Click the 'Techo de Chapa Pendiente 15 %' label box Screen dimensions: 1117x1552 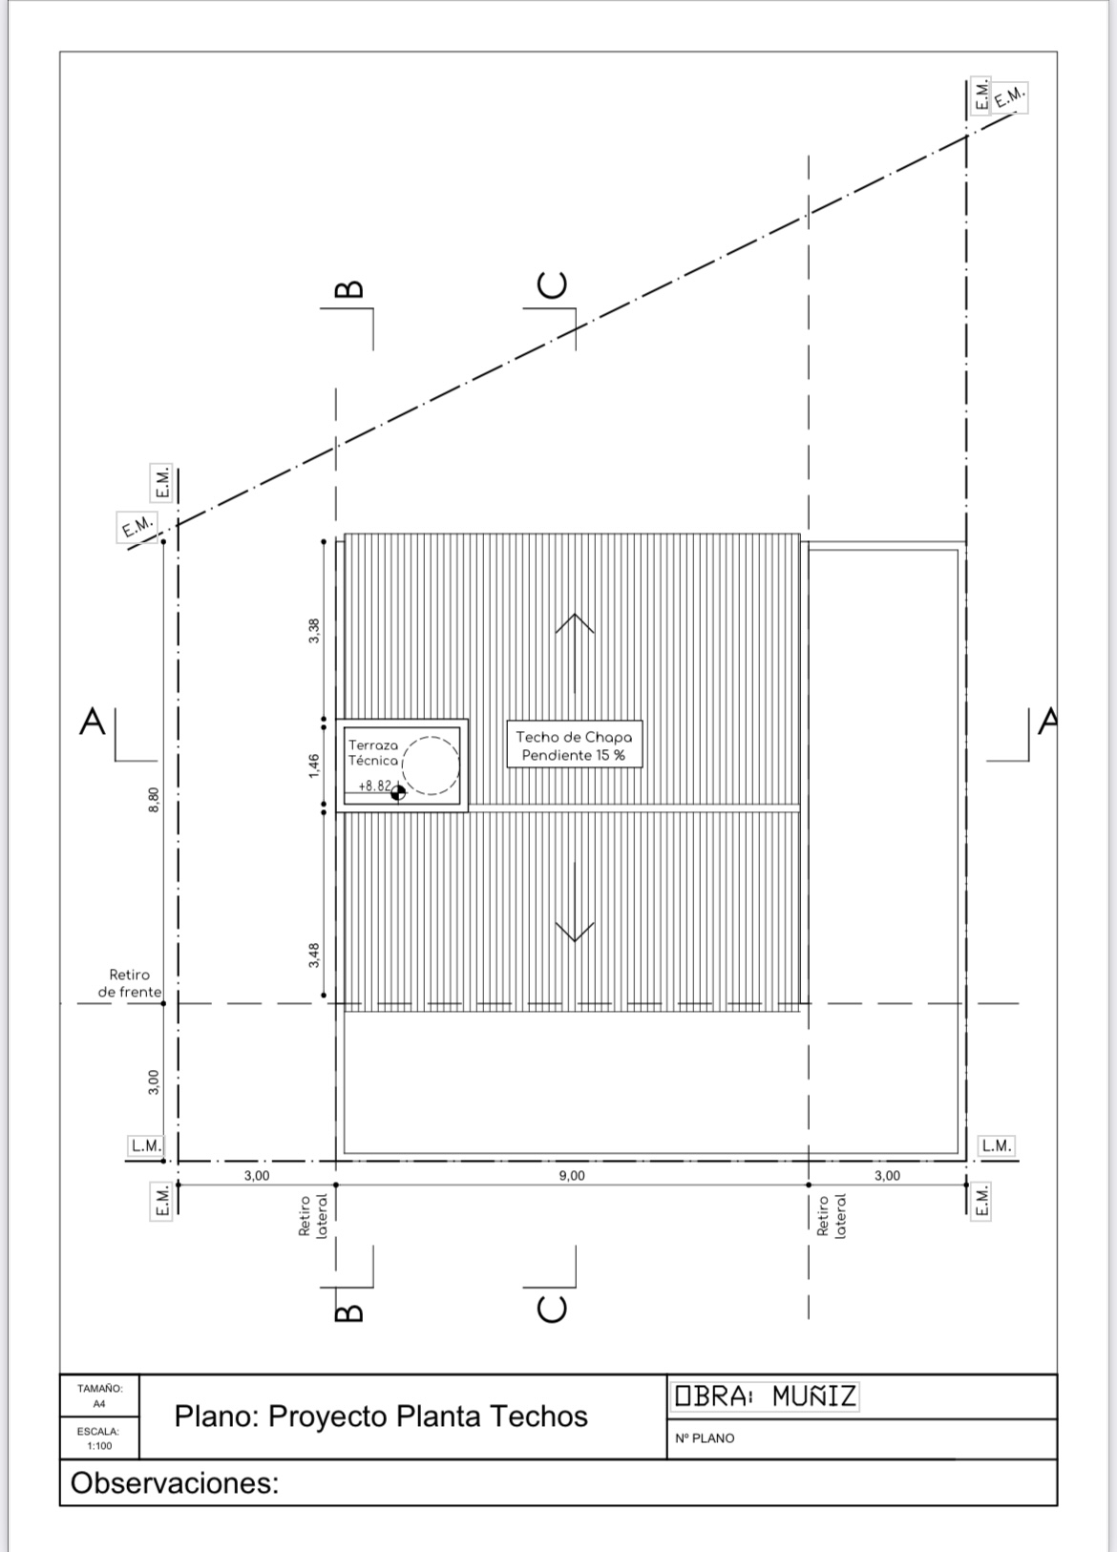click(x=575, y=745)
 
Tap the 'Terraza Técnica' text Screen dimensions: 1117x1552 click(x=373, y=752)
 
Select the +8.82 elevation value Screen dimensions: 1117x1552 click(x=375, y=786)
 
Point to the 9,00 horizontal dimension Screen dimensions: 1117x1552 click(x=572, y=1176)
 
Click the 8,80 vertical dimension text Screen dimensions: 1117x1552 click(x=154, y=800)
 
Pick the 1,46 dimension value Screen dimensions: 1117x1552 click(x=314, y=766)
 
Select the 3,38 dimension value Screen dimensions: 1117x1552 click(x=314, y=631)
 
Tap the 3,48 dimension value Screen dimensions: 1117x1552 click(x=314, y=955)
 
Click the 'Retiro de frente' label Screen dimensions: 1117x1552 click(x=130, y=983)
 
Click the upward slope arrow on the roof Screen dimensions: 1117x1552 click(x=575, y=654)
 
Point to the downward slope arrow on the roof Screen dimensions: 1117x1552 click(x=575, y=902)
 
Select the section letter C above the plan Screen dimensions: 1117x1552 click(x=553, y=285)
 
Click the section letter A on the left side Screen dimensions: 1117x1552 click(x=93, y=722)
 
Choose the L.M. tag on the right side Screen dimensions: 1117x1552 click(x=997, y=1145)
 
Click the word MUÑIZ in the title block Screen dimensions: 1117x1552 click(x=814, y=1396)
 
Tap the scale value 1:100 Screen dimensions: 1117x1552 click(x=99, y=1446)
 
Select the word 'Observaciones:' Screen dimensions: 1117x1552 click(x=175, y=1483)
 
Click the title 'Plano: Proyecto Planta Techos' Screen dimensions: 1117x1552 click(x=380, y=1416)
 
